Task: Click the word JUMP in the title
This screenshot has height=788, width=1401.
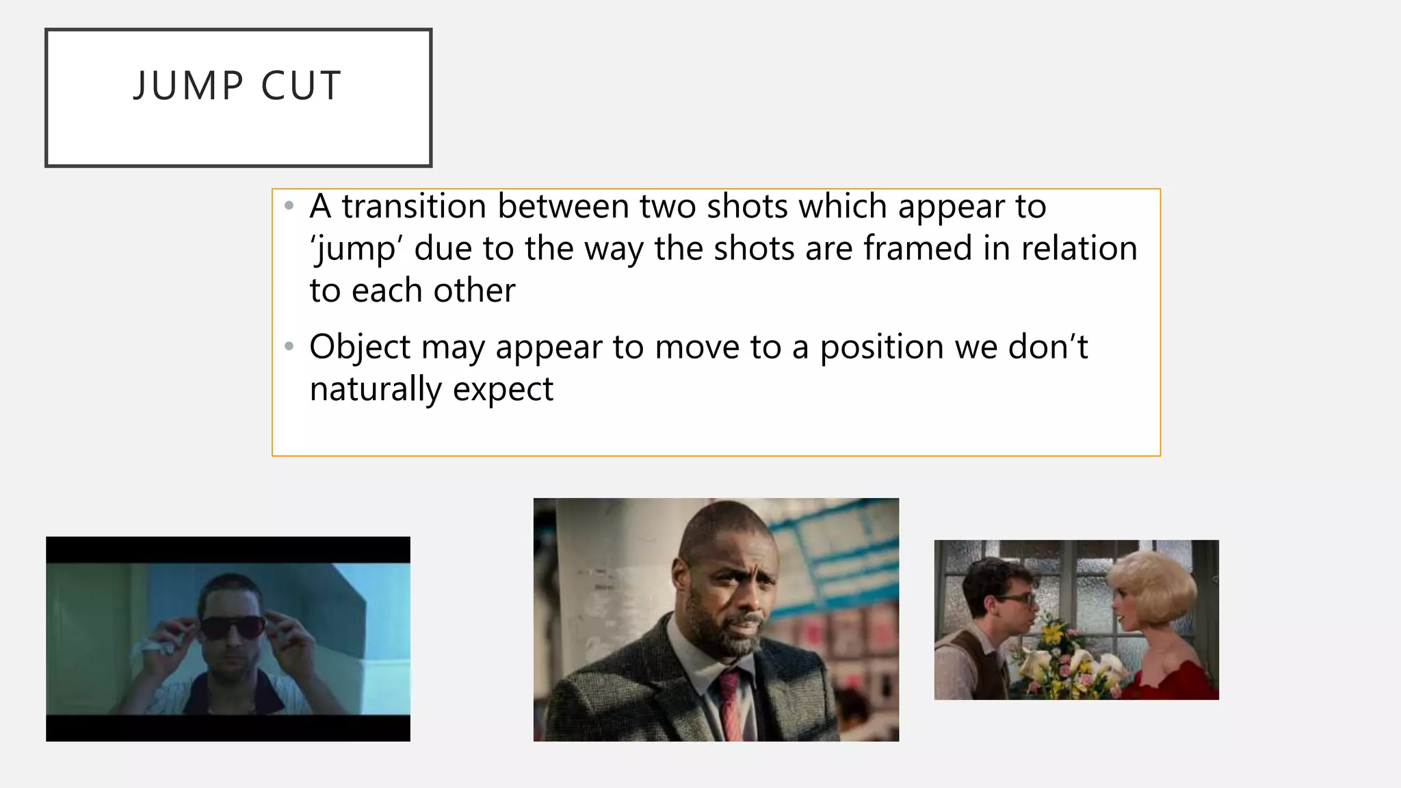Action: tap(188, 86)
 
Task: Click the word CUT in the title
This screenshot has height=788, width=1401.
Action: tap(301, 86)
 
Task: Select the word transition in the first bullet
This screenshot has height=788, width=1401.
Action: tap(416, 206)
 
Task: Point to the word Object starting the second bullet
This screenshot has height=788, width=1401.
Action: tap(359, 347)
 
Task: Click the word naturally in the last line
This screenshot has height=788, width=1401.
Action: tap(376, 389)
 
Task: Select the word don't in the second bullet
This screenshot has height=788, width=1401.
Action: tap(1047, 346)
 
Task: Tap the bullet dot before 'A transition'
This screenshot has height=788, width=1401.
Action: tap(289, 206)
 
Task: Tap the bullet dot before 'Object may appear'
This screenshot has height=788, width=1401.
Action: tap(289, 347)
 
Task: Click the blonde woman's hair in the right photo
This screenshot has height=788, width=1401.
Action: tap(1156, 581)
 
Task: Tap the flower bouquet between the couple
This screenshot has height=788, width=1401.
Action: tap(1067, 657)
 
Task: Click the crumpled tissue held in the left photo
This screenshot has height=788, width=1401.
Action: tap(157, 647)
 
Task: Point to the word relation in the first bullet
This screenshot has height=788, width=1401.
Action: tap(1079, 248)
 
